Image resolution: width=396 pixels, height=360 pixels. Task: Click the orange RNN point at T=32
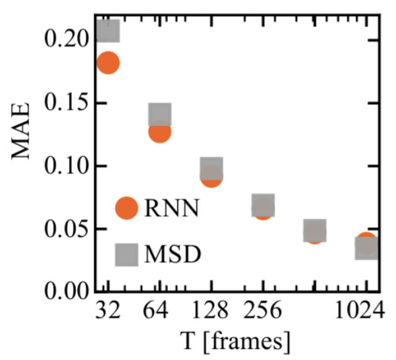[x=108, y=63]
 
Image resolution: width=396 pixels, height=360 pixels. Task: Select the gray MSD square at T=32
[x=108, y=31]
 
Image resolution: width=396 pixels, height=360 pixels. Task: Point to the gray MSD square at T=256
[x=263, y=206]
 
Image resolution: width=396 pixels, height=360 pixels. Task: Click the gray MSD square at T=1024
[x=367, y=248]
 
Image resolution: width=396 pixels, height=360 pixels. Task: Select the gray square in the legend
[x=126, y=254]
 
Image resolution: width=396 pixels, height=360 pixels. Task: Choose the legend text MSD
[x=173, y=255]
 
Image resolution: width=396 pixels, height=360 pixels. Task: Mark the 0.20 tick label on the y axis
[x=65, y=40]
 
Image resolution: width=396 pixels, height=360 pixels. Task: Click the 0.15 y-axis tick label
[x=65, y=103]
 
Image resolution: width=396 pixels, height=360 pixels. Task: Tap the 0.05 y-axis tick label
[x=65, y=229]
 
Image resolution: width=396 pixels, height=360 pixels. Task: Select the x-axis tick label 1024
[x=358, y=313]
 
